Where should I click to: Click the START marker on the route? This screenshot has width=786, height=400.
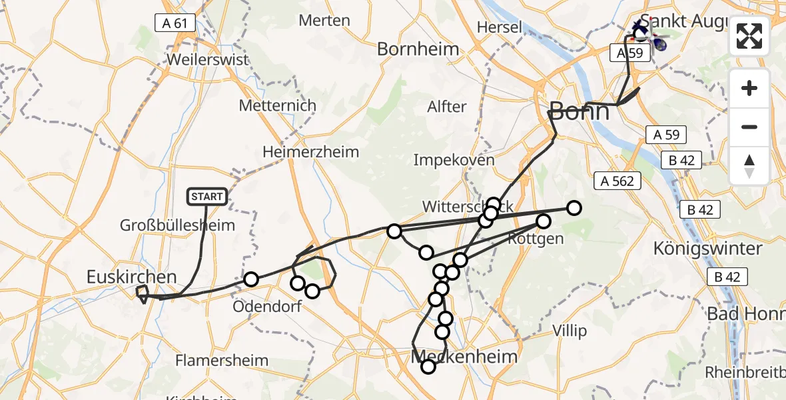(208, 197)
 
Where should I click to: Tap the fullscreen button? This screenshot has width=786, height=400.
(749, 36)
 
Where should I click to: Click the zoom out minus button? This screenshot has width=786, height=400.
(749, 127)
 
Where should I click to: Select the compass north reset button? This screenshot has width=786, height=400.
(749, 165)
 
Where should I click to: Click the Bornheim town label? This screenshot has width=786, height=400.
(418, 49)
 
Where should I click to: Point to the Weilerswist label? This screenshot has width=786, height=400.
(208, 59)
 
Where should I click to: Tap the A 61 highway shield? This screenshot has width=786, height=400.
(175, 23)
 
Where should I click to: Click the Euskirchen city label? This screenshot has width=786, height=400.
(131, 277)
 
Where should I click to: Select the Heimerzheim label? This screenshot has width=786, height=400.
(310, 151)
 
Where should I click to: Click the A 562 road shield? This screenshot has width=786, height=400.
(617, 180)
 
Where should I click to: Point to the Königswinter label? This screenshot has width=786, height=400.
(707, 249)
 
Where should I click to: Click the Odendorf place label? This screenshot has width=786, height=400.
(267, 307)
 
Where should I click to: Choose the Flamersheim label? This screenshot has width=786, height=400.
(222, 361)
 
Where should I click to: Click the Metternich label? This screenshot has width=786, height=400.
(277, 106)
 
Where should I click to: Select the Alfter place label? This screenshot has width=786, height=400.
(447, 107)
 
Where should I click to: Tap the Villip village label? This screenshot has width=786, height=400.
(570, 331)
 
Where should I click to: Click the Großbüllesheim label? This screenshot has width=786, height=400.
(177, 225)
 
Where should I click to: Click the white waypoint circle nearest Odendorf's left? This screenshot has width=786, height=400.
(250, 279)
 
